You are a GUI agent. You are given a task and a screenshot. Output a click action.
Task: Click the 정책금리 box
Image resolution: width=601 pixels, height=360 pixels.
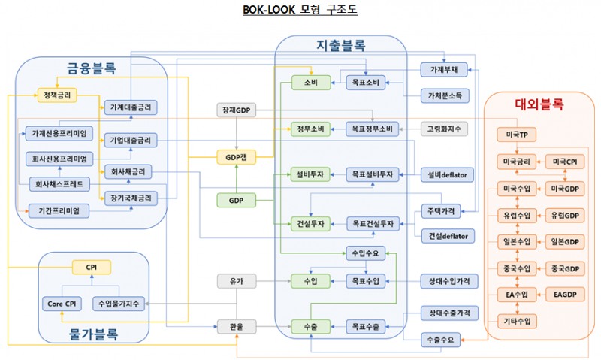(x=58, y=95)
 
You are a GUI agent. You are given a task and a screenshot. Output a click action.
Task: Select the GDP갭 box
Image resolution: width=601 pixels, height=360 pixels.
(x=236, y=158)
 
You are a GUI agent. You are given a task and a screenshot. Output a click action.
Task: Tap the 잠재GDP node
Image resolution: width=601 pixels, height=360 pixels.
(x=236, y=110)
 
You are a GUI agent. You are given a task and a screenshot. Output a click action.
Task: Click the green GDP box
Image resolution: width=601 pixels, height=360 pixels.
(x=236, y=200)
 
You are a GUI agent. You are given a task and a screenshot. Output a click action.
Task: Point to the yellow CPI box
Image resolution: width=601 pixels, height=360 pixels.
(x=91, y=266)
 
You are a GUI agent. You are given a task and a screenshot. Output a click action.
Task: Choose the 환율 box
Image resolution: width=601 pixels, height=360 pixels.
(x=236, y=327)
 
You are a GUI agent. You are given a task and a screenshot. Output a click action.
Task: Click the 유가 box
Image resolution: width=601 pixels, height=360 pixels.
(x=236, y=281)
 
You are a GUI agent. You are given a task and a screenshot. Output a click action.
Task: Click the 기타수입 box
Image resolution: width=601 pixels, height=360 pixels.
(x=517, y=321)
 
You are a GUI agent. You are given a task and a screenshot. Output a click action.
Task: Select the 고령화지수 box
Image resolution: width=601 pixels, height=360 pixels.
(x=444, y=129)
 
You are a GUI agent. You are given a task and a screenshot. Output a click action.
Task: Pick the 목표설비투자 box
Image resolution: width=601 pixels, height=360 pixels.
(x=370, y=174)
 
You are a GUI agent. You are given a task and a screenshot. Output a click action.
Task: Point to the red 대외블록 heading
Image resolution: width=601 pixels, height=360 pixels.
(x=539, y=104)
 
